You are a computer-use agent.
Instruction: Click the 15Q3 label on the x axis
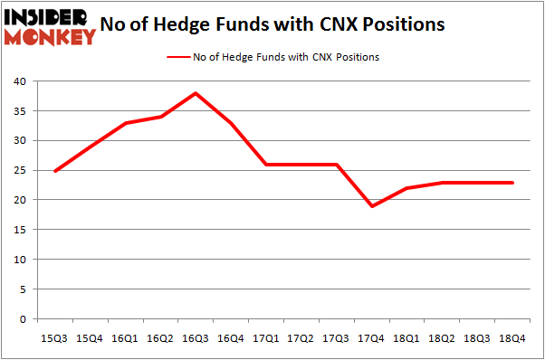[54, 337]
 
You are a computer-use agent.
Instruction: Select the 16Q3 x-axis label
[196, 337]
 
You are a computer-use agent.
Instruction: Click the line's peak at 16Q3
[196, 93]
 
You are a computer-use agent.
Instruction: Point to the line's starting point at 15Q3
[54, 170]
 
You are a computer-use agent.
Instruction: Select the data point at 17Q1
[266, 165]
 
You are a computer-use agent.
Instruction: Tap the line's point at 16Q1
[125, 123]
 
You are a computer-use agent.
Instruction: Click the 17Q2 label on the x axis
[301, 337]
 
